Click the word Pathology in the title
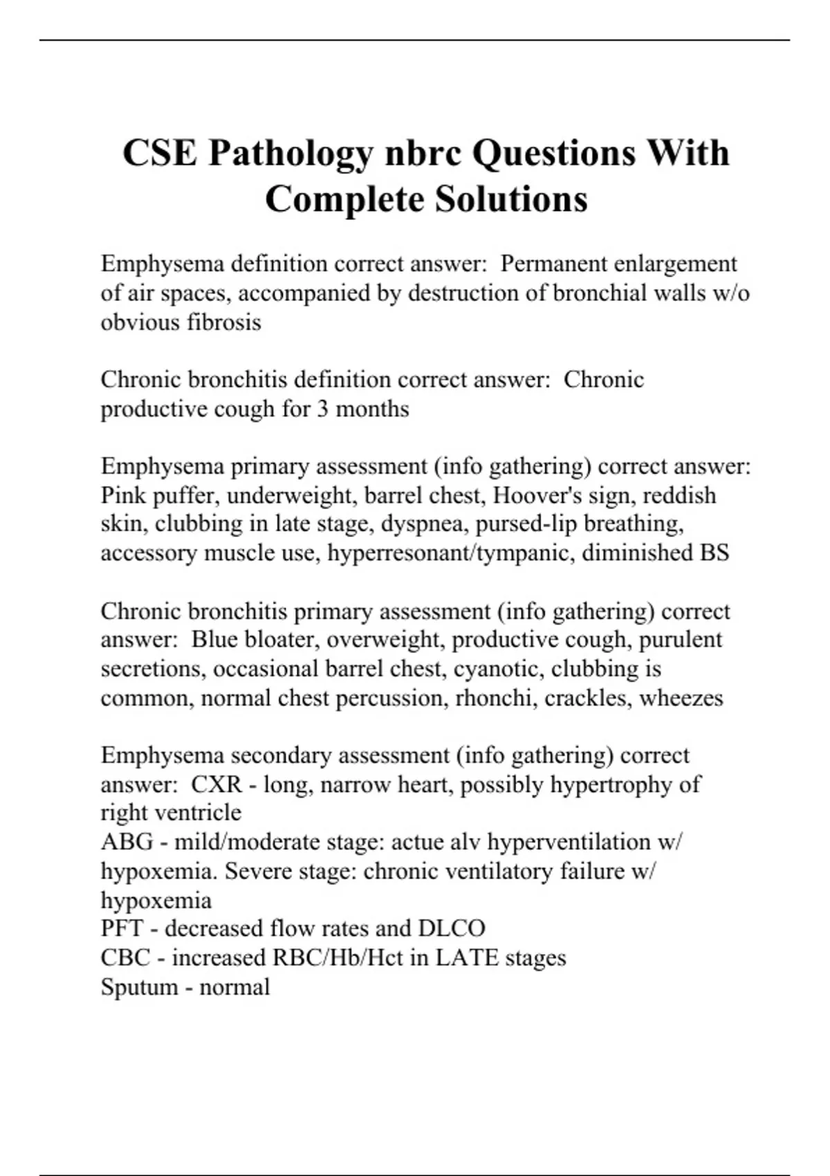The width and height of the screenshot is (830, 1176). click(290, 153)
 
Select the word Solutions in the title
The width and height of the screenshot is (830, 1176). click(511, 199)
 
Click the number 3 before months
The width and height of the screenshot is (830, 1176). click(322, 409)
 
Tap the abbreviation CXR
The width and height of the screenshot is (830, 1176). click(216, 784)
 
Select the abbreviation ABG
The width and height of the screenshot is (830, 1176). click(127, 842)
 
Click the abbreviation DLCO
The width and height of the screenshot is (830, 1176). click(451, 928)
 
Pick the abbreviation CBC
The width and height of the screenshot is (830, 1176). click(125, 957)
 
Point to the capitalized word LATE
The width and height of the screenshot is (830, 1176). click(467, 957)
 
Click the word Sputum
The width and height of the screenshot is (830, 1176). click(139, 986)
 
